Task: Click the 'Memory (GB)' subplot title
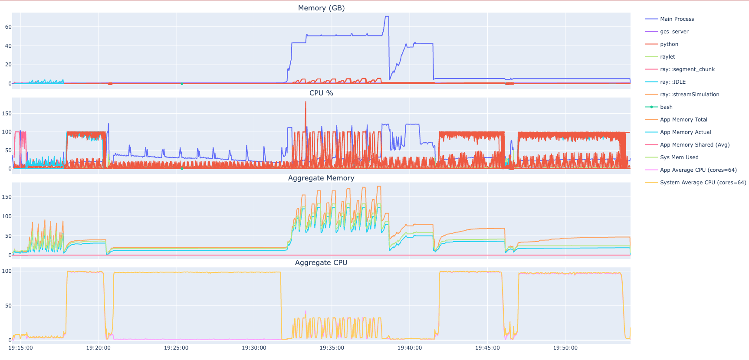(x=321, y=8)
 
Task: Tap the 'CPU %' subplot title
(x=321, y=93)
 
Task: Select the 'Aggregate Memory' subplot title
(x=321, y=178)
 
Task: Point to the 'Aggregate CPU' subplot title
(x=321, y=262)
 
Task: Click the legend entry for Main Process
(x=677, y=19)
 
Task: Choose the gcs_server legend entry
(x=674, y=32)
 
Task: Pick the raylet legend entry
(x=667, y=57)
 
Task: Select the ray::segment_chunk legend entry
(x=687, y=69)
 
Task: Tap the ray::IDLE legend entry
(x=673, y=82)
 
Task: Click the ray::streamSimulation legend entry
(x=689, y=95)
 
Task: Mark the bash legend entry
(x=666, y=107)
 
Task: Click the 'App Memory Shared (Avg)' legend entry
(x=694, y=145)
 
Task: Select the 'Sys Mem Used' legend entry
(x=679, y=157)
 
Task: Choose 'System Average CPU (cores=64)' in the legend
(x=703, y=183)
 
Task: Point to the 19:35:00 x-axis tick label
(x=332, y=348)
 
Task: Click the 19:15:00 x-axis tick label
(x=20, y=348)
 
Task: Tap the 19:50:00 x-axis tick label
(x=565, y=348)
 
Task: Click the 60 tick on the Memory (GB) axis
(x=8, y=27)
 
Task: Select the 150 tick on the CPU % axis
(x=7, y=114)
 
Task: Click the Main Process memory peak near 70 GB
(x=387, y=17)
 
